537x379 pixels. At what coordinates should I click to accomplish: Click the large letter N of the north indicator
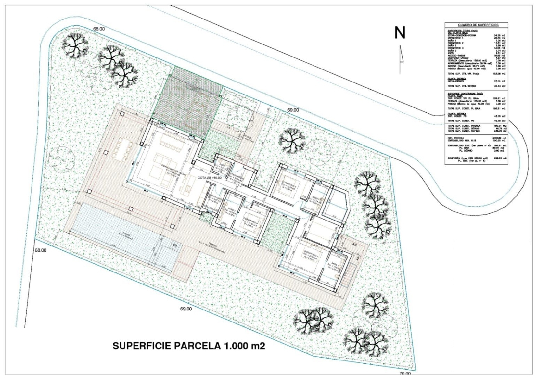400,33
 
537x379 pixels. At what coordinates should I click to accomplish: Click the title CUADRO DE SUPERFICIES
476,25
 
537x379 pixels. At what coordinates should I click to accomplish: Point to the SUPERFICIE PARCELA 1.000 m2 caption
189,346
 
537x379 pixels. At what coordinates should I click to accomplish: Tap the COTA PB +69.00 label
209,178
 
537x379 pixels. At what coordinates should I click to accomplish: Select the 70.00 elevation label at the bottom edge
405,374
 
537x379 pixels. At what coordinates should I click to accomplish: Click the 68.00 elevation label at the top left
99,29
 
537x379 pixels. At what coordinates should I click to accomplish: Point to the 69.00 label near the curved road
293,110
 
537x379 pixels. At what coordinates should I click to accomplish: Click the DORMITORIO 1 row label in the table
455,38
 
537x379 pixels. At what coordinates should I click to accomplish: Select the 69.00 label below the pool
186,309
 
